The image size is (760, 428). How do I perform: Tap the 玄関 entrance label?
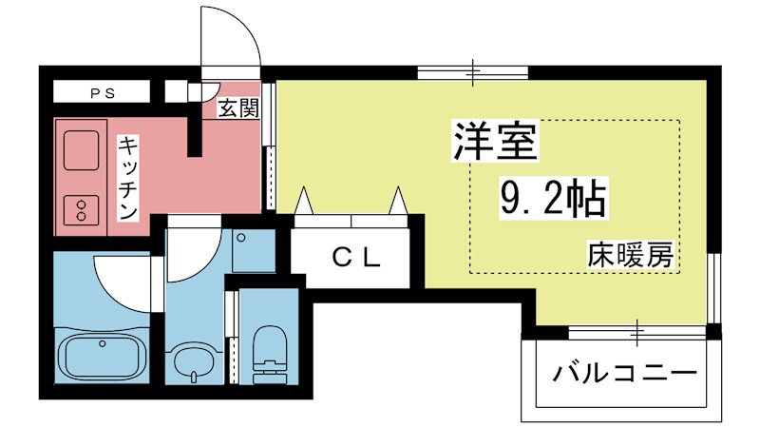[x=238, y=108]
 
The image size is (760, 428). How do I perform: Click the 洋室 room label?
[x=495, y=143]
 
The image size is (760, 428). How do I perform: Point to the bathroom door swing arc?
[x=123, y=285]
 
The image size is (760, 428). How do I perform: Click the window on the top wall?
[x=473, y=71]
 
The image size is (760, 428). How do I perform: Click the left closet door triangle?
[x=306, y=202]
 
